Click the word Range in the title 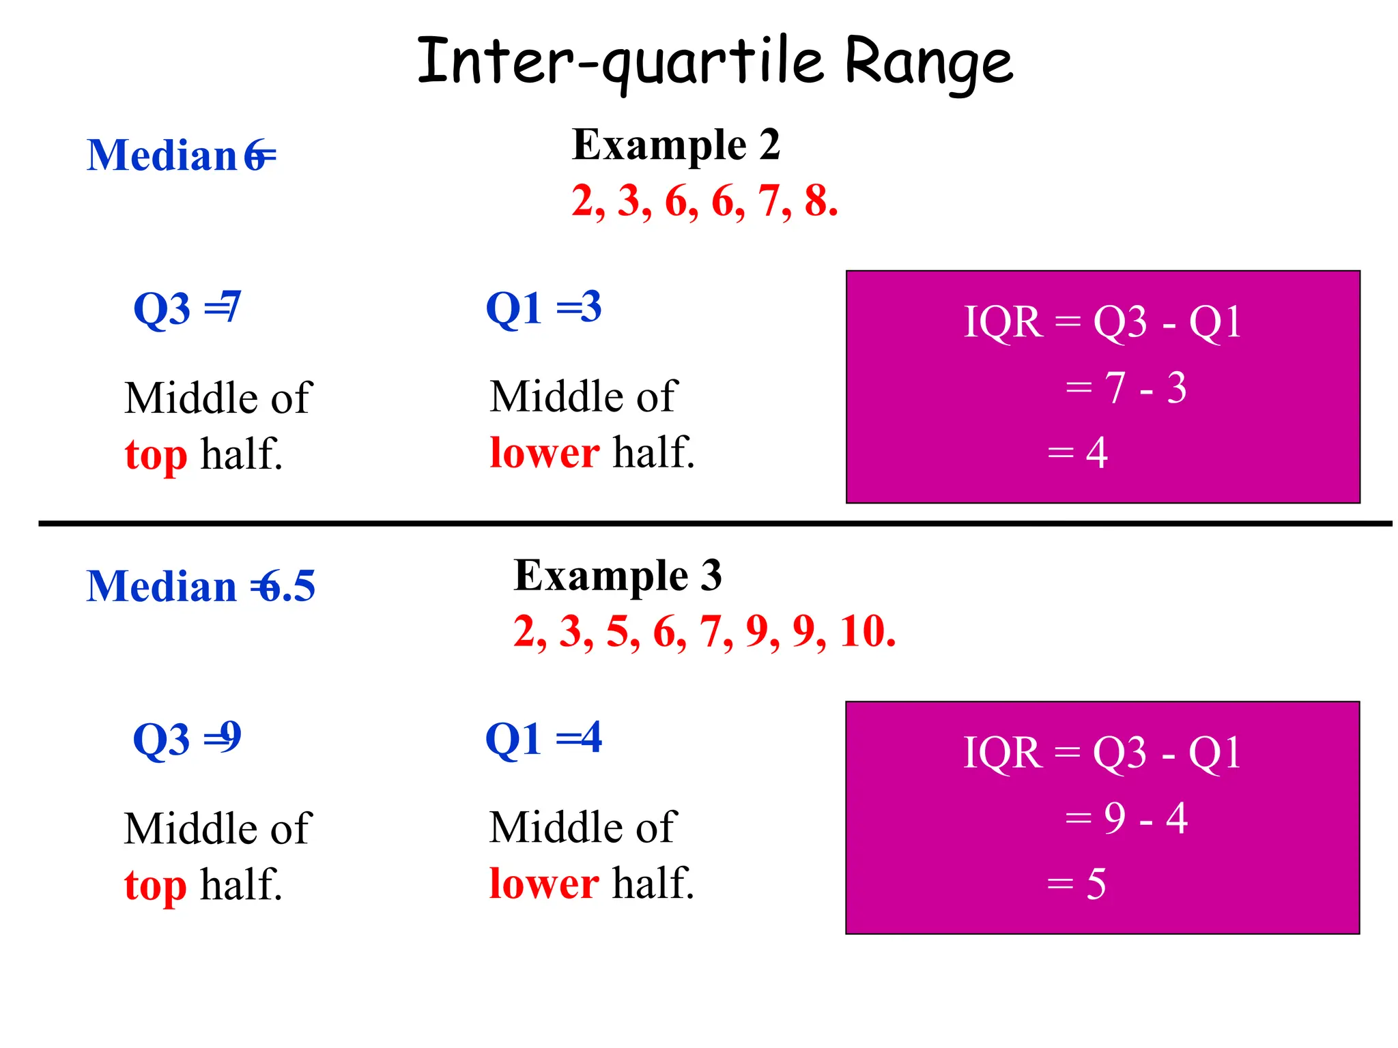click(x=928, y=63)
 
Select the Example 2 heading click(x=676, y=145)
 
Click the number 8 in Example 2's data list click(x=817, y=201)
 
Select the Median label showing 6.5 click(x=201, y=586)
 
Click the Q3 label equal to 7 click(x=187, y=308)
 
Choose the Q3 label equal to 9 click(x=187, y=738)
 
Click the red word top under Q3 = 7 click(x=156, y=455)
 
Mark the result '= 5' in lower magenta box click(x=1076, y=884)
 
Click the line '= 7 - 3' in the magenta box click(x=1126, y=388)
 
